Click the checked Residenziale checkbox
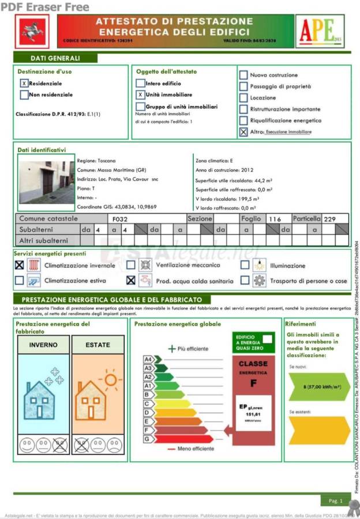tap(24, 84)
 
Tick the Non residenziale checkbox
tap(24, 95)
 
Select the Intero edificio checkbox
tap(141, 84)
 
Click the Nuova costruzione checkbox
tap(243, 75)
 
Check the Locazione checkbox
tap(243, 97)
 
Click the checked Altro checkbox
tap(243, 132)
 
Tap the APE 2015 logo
tap(320, 31)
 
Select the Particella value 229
tap(329, 219)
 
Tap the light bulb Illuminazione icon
tap(260, 265)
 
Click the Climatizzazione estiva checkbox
tap(20, 281)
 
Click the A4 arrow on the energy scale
tap(148, 359)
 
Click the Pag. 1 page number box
tap(336, 501)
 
